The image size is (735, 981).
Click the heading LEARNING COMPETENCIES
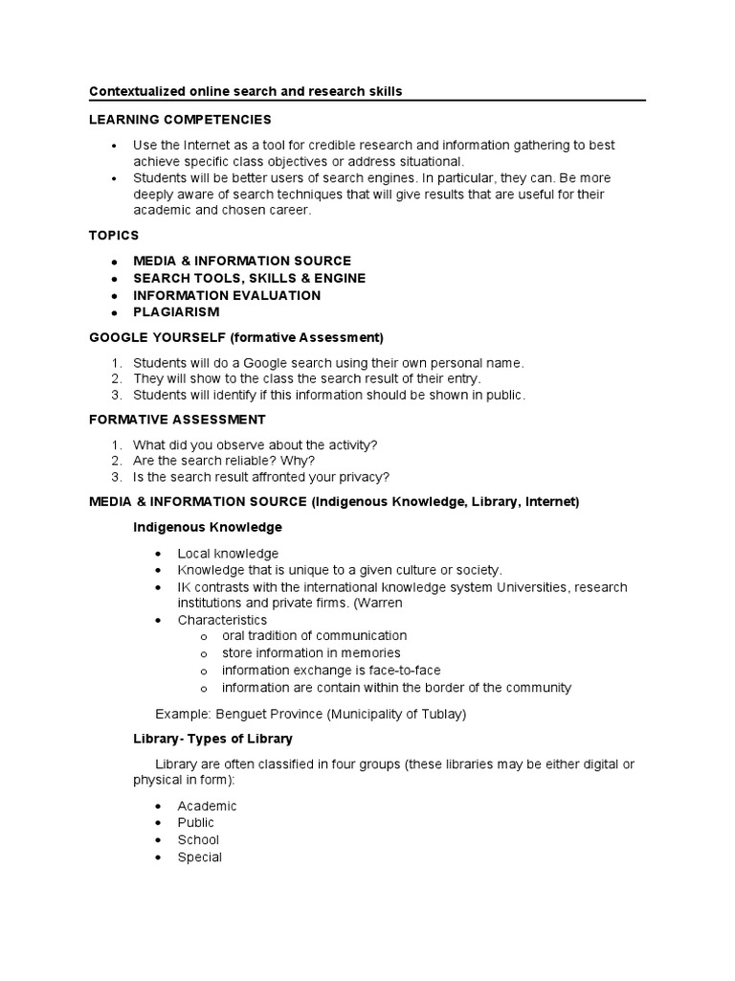click(x=180, y=120)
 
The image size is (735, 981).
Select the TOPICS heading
click(x=114, y=235)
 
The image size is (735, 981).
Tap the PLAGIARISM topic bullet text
click(x=176, y=311)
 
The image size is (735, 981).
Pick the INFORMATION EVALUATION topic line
click(x=227, y=295)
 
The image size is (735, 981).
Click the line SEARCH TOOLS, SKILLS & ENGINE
click(x=249, y=278)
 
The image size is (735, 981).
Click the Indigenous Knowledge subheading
click(x=207, y=527)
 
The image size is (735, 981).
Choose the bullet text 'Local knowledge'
click(x=228, y=554)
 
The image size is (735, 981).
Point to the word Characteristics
click(x=222, y=620)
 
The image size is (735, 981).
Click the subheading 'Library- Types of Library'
click(x=212, y=739)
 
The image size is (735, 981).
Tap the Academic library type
click(x=207, y=806)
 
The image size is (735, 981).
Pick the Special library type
click(x=199, y=857)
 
